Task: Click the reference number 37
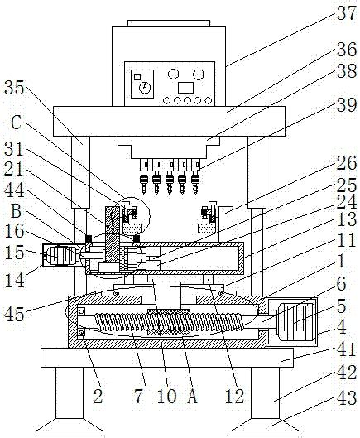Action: tap(346, 12)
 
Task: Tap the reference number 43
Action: tap(346, 397)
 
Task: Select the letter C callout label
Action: tap(16, 122)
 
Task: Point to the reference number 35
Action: tap(14, 88)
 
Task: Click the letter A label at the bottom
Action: tap(192, 396)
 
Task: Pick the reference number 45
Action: tap(14, 314)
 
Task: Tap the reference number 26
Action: tap(346, 163)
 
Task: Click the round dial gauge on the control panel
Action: tap(145, 87)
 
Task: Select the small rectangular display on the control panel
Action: tap(185, 88)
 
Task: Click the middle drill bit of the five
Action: tap(170, 176)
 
